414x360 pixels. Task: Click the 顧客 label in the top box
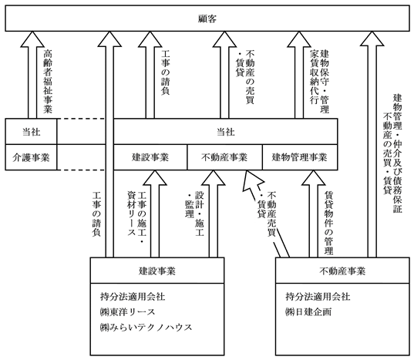(207, 19)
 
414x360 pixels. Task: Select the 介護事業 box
(31, 157)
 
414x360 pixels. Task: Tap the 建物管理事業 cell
(300, 157)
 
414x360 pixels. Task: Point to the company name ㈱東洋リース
(127, 312)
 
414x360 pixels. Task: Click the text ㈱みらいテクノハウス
(146, 328)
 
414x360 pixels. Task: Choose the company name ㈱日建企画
(308, 312)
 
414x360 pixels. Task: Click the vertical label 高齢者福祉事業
(48, 82)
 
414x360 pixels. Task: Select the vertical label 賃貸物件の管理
(328, 223)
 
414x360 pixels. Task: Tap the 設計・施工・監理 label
(195, 214)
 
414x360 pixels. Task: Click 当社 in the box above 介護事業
(31, 132)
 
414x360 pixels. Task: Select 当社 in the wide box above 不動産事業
(225, 132)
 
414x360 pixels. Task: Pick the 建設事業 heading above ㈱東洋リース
(157, 271)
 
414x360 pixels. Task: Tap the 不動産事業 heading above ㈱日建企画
(342, 271)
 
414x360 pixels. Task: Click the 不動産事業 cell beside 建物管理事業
(224, 157)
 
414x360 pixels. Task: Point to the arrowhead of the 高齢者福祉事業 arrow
(32, 39)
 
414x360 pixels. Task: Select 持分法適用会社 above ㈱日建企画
(318, 297)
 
